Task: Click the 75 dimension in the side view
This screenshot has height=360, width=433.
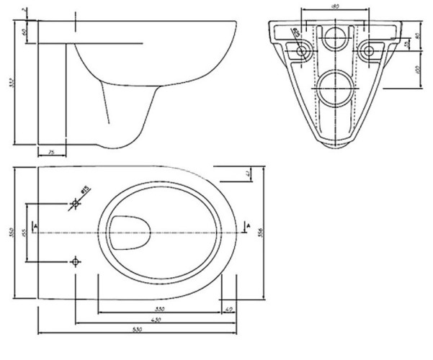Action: tap(52, 152)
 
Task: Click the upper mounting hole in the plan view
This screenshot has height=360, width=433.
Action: tap(75, 205)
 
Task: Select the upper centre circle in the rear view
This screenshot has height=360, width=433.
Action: tap(334, 39)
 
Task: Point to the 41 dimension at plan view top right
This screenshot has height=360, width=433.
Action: tap(247, 174)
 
